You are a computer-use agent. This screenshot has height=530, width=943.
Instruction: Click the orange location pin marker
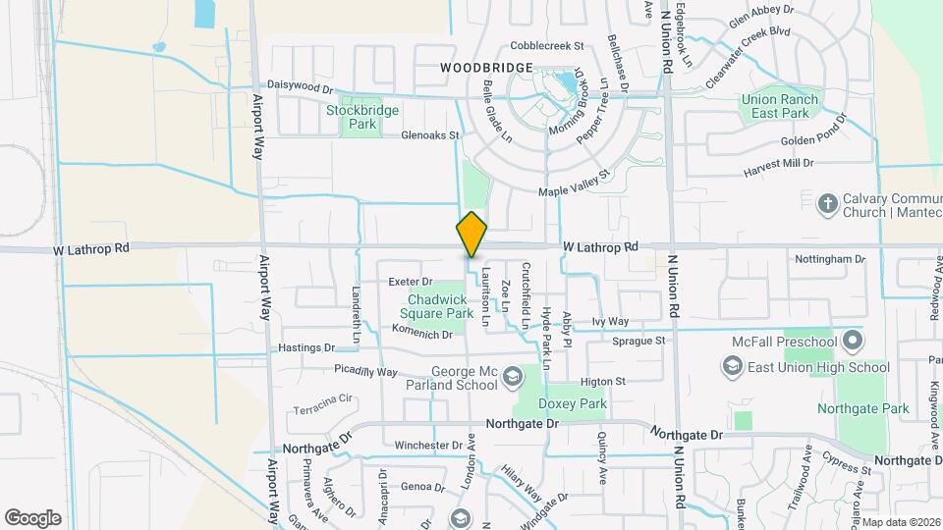471,236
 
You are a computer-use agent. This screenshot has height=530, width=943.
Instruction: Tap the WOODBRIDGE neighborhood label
486,68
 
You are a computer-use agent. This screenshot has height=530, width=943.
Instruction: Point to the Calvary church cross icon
828,203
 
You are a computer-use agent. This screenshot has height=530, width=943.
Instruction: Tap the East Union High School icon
732,367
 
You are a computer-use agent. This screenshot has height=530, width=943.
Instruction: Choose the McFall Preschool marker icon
852,342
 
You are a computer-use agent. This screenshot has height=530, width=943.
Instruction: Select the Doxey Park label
573,403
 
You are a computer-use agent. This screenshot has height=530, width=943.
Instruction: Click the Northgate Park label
867,408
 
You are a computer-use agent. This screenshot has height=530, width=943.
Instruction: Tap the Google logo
32,517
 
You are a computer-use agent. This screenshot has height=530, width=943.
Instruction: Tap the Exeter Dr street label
410,282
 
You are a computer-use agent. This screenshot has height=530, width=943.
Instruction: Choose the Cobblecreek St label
547,46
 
